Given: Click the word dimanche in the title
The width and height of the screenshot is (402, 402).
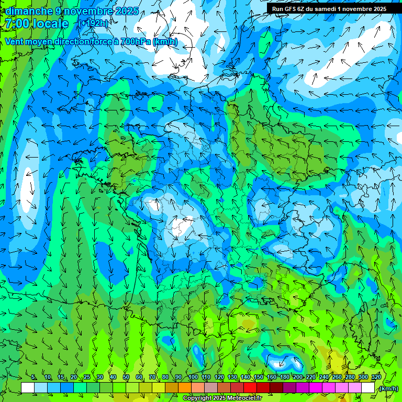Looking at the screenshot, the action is tap(29, 11).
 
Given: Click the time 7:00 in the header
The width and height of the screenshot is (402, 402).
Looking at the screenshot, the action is tap(16, 24).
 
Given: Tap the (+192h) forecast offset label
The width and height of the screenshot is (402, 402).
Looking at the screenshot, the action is tap(93, 23).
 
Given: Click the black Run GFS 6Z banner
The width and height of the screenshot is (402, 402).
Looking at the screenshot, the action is tap(329, 9).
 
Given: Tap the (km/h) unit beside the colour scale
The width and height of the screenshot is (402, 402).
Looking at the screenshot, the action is tap(388, 388).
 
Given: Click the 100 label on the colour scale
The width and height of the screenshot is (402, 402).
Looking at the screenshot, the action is tap(193, 377).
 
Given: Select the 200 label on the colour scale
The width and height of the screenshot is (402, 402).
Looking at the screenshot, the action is tap(298, 377).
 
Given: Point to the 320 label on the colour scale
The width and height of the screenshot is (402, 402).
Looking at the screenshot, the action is tap(376, 377).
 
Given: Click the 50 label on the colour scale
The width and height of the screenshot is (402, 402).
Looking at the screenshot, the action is tap(126, 377).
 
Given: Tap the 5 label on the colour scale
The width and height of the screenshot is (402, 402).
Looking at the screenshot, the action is tap(34, 377).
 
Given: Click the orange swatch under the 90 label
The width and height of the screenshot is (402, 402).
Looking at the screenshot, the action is tap(185, 388).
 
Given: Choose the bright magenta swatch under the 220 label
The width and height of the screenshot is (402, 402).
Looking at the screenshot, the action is tap(316, 388).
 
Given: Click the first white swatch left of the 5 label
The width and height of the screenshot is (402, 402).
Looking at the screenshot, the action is tap(28, 388).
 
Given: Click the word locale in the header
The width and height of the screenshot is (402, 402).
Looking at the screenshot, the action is tap(50, 24).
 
